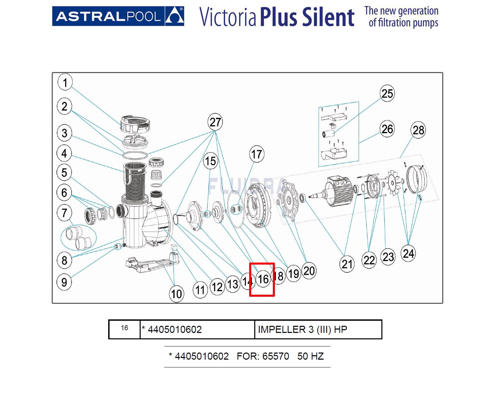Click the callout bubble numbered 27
tap(215, 122)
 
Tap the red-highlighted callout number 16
tap(263, 279)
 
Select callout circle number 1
tap(65, 82)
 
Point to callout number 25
tap(387, 93)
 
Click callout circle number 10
tap(176, 293)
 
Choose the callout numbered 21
tap(347, 264)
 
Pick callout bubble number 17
tap(256, 154)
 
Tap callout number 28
tap(418, 130)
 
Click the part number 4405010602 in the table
tap(174, 329)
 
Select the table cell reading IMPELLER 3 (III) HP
tap(318, 329)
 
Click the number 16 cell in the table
tap(124, 329)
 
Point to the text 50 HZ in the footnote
tap(310, 356)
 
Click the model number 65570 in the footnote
tap(276, 356)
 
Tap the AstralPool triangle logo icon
tap(174, 16)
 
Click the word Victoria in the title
tap(228, 17)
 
